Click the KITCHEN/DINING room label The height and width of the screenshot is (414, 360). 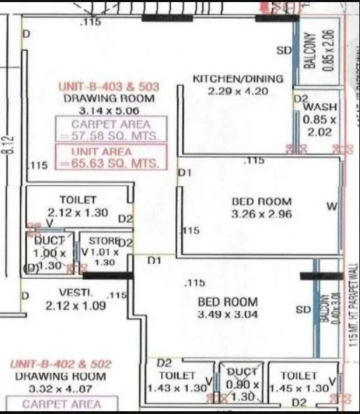tap(238, 78)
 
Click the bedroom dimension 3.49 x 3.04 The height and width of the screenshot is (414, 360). tap(227, 315)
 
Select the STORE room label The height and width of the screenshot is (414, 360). tap(104, 241)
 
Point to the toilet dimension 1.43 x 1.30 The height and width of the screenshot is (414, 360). tap(179, 387)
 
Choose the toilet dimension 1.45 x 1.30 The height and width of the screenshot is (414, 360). tap(299, 387)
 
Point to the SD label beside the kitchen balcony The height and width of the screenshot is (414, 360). tap(283, 50)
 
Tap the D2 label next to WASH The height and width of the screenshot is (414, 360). tap(301, 99)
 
